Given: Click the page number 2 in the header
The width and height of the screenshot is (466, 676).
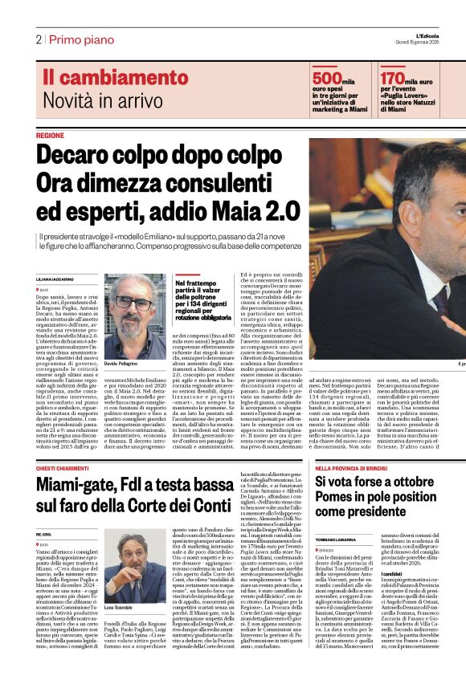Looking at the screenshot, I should (x=38, y=39).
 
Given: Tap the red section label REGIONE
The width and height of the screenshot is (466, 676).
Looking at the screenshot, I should (x=50, y=136).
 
